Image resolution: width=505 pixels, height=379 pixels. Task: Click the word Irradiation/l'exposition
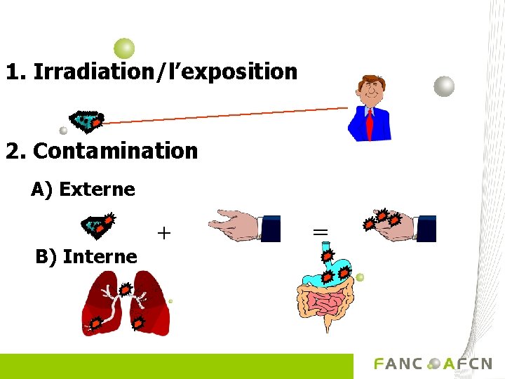coord(165,72)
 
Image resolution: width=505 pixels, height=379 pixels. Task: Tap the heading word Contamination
coord(115,151)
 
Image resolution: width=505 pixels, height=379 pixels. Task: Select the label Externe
coord(97,189)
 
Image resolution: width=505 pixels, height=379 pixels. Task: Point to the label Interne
coord(100,257)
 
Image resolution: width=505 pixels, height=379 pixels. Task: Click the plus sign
coord(163,232)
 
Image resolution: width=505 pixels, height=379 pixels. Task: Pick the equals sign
coord(320,231)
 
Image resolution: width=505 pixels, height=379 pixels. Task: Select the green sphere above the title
coord(124,48)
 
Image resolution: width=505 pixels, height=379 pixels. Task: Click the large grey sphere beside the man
coord(444,86)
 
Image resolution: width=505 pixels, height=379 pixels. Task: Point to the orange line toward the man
coord(224,115)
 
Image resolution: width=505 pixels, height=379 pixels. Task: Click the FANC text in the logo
coord(398,364)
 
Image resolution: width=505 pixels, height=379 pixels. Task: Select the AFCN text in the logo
coord(468,364)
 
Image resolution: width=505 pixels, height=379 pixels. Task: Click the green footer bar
coord(175,366)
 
